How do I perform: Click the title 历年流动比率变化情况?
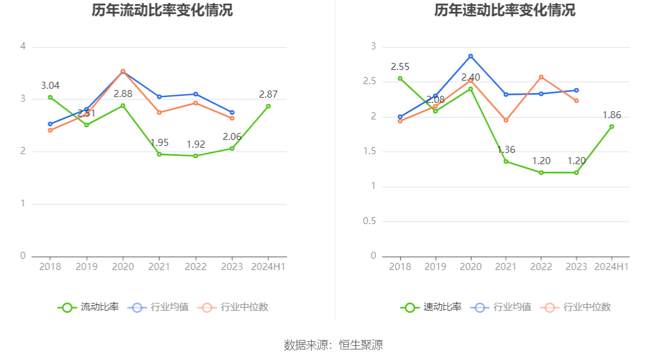162,11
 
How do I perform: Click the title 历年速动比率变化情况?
505,11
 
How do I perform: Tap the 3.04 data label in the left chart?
50,85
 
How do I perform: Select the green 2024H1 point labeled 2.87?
268,106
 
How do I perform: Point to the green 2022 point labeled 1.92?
196,156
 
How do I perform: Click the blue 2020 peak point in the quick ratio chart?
471,56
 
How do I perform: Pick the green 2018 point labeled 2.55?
400,78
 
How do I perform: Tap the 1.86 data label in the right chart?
612,115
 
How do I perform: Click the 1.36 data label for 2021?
505,150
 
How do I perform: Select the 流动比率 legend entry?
88,307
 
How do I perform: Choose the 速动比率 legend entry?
431,307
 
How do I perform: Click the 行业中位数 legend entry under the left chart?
234,307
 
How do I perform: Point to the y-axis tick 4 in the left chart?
23,46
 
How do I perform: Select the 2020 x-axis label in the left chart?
123,266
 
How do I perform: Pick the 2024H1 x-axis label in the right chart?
612,266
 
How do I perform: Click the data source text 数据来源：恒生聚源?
333,345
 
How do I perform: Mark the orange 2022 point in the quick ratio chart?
541,77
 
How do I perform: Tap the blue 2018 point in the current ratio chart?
50,124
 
